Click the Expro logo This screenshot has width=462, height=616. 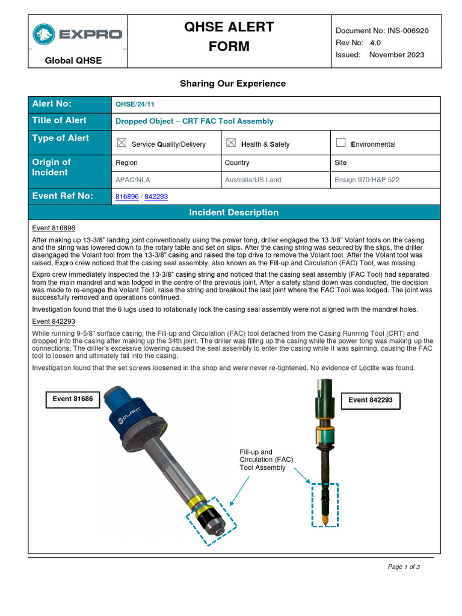click(78, 34)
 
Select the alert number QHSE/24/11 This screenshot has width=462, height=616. click(132, 103)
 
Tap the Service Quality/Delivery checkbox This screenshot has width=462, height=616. click(122, 143)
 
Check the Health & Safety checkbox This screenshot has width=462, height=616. click(231, 143)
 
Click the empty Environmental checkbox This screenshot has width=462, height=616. click(340, 143)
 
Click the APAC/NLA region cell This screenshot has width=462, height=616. click(132, 179)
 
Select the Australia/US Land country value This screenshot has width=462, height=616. click(253, 179)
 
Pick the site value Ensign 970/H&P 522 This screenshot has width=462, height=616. click(366, 179)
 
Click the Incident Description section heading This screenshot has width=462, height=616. click(233, 212)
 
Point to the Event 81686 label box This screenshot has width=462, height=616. click(73, 399)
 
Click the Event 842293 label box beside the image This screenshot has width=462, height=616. click(371, 400)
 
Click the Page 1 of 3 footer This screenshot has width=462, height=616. click(404, 567)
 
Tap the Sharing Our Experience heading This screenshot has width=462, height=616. click(233, 84)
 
